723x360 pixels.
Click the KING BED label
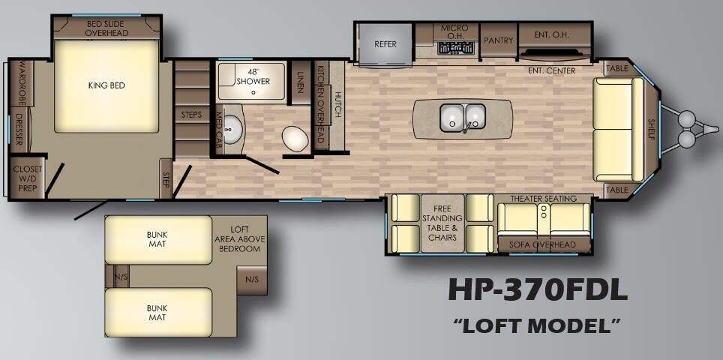tap(106, 85)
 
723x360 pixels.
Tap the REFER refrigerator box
tap(385, 43)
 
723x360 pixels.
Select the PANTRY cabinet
tap(496, 40)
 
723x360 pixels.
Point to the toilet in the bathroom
tap(296, 138)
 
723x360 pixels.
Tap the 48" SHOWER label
tap(251, 76)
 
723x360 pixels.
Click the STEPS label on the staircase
tap(192, 114)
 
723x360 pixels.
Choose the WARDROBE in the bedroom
tap(21, 84)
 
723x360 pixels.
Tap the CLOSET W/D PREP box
tap(27, 178)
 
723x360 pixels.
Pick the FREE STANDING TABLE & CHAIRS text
tap(442, 222)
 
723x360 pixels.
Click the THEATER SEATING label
tap(544, 199)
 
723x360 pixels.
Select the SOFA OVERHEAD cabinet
tap(543, 244)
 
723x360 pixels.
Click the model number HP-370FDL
tap(538, 289)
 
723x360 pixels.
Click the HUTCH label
tap(337, 105)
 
